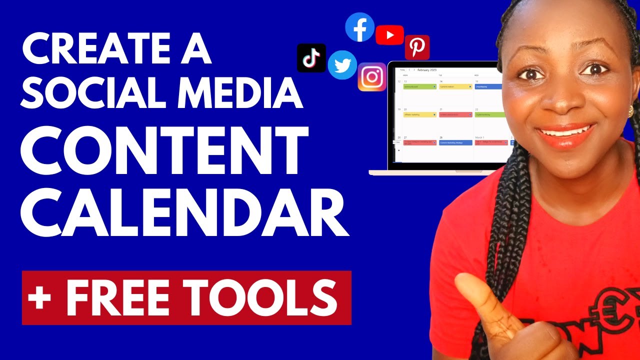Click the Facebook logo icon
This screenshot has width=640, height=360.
[360, 27]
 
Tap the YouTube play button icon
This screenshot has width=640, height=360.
[389, 34]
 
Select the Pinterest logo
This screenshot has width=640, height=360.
[417, 47]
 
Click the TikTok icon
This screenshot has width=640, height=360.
[311, 58]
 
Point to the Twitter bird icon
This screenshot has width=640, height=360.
[342, 65]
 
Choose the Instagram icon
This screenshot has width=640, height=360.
[372, 77]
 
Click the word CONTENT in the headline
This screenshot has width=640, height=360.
[163, 148]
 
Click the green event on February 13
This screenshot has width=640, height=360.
[419, 86]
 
